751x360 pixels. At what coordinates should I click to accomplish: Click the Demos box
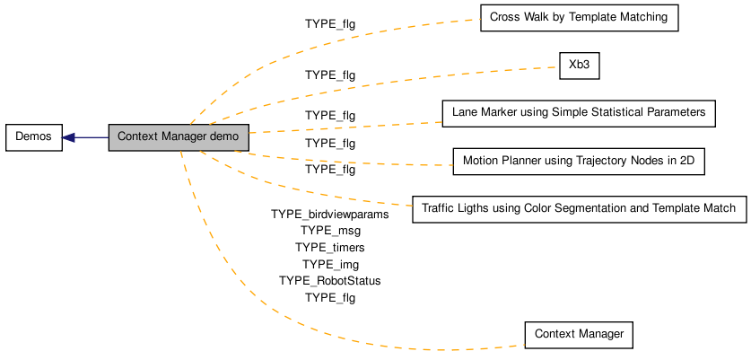tap(34, 137)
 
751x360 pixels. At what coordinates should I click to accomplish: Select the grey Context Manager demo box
tap(179, 137)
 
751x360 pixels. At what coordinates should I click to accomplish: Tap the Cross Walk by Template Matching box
tap(580, 18)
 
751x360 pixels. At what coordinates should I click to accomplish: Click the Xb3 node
tap(580, 66)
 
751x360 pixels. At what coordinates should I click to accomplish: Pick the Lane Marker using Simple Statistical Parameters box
tap(579, 114)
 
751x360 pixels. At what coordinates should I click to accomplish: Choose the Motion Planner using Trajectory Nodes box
tap(579, 162)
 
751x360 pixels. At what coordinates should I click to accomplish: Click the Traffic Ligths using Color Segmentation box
tap(580, 209)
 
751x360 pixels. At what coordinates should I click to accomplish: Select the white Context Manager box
tap(579, 335)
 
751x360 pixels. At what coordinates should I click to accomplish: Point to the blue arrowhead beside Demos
tap(68, 137)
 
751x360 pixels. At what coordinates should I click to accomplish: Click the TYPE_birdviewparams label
tap(330, 215)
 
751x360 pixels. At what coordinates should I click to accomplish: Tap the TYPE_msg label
tap(330, 231)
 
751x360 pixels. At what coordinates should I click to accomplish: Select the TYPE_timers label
tap(330, 248)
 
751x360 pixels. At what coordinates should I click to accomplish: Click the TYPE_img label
tap(330, 264)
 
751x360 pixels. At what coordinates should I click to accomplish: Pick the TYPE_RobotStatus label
tap(330, 281)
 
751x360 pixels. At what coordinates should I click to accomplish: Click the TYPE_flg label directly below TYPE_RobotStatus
tap(330, 298)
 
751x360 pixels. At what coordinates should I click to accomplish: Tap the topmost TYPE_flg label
tap(330, 24)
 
